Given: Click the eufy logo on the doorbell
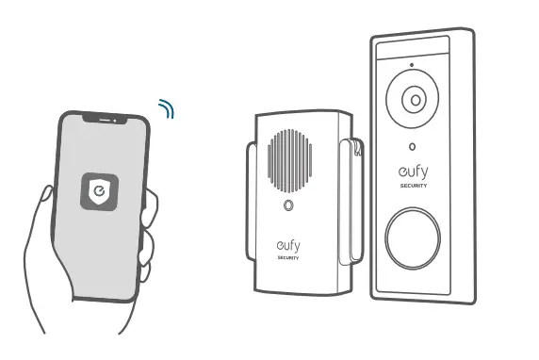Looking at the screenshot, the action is click(412, 173).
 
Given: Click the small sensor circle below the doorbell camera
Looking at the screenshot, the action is click(412, 147).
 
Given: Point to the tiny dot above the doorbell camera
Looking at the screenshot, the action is click(411, 66).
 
